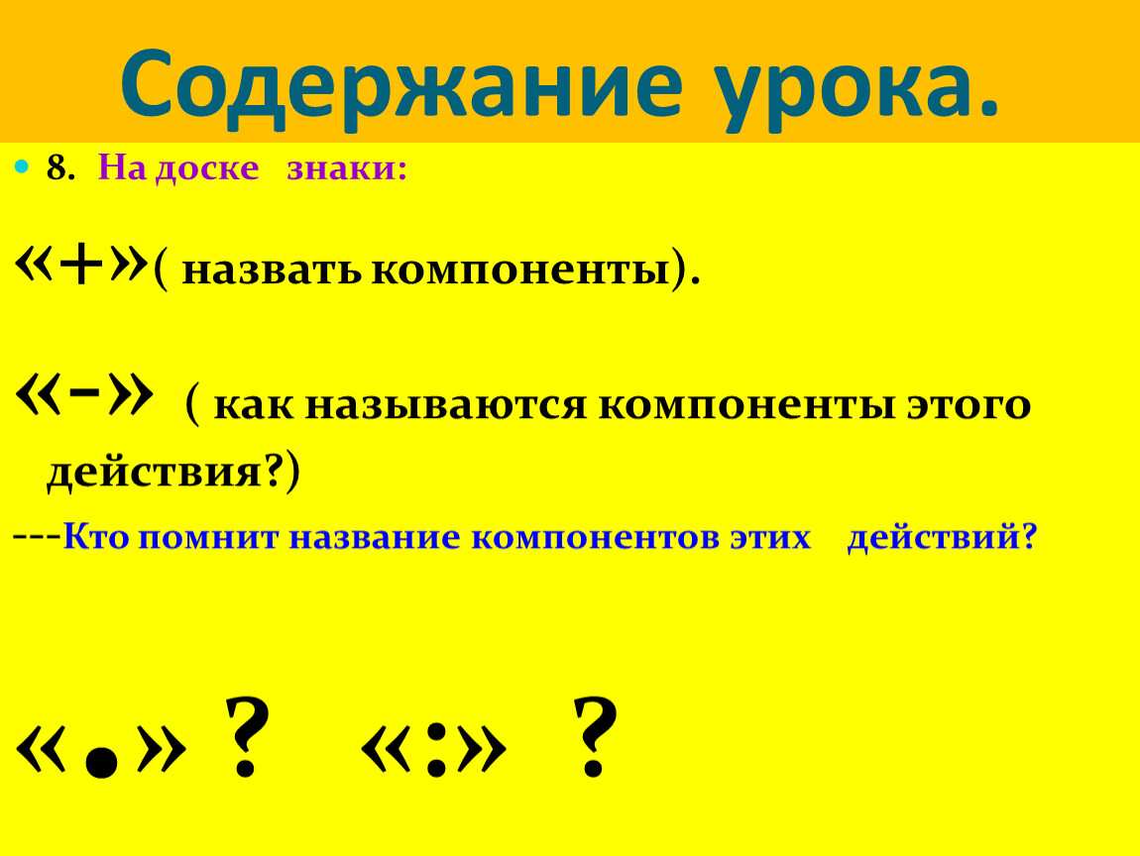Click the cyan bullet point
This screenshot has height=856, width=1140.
[22, 167]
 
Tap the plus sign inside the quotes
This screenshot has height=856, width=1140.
[80, 266]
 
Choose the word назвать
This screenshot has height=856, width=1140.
[272, 270]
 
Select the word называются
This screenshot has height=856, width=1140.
[446, 405]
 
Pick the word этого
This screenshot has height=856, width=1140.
[969, 405]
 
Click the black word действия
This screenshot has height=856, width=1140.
[155, 473]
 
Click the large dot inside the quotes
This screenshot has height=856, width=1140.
[101, 764]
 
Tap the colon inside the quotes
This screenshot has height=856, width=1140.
[436, 749]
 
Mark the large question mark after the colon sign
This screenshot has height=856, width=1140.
[595, 736]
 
